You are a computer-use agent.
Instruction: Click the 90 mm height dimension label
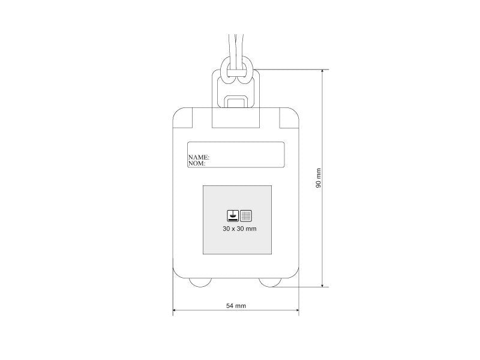point(319,178)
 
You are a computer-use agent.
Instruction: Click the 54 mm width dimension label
point(236,305)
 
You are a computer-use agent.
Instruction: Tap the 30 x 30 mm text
point(239,229)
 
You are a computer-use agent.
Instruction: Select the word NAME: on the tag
point(199,157)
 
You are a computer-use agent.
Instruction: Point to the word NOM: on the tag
point(197,163)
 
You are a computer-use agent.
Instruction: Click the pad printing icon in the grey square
point(233,216)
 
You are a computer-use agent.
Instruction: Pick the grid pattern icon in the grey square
point(246,216)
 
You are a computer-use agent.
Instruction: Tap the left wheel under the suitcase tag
point(200,282)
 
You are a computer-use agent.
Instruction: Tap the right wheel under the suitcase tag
point(270,282)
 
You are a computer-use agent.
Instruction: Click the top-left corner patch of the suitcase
point(183,118)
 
